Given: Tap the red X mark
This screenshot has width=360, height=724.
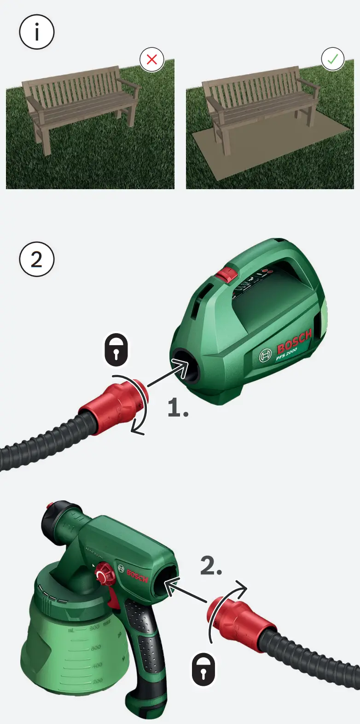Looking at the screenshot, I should [152, 59].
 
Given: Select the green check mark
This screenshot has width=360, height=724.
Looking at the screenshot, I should [332, 59].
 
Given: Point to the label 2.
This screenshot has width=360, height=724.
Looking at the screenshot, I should [211, 566].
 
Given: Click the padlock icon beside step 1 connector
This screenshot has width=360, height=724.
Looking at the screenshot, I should [116, 350].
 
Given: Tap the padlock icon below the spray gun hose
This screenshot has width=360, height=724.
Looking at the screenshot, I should [203, 668].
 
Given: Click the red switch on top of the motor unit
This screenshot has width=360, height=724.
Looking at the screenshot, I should [226, 275].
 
